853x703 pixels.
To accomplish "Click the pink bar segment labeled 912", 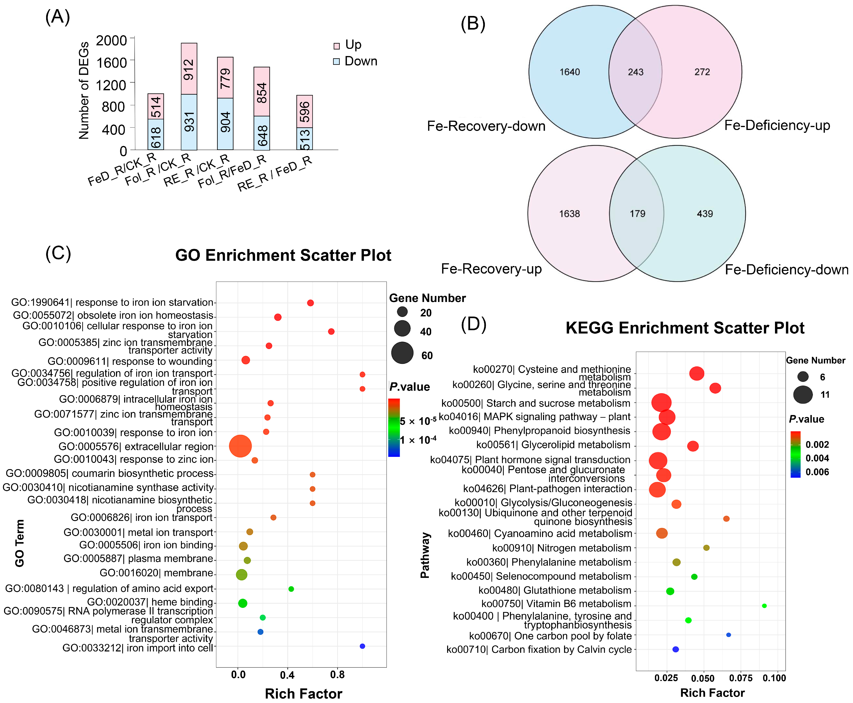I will (189, 69).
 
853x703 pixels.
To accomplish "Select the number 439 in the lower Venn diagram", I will (705, 214).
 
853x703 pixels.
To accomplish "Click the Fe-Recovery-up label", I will (491, 269).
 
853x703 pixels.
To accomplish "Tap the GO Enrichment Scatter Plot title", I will (283, 255).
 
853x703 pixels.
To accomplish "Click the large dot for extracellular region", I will (240, 446).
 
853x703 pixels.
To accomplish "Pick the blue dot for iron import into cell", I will (362, 646).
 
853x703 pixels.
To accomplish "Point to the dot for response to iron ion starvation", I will (311, 303).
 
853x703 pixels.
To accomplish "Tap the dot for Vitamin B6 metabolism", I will (764, 606).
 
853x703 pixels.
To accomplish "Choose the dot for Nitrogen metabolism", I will (706, 548).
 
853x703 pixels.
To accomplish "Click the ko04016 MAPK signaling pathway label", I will (534, 417).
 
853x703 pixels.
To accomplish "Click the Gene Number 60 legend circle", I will (402, 353).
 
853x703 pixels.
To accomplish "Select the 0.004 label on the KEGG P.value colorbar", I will (817, 458).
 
